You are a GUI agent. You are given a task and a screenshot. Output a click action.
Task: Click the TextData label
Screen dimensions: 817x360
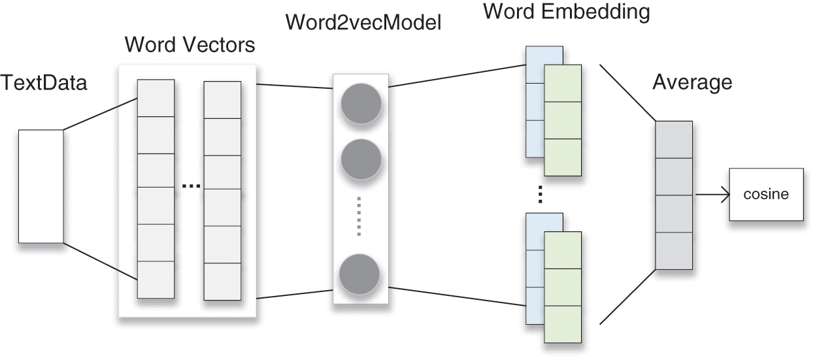pyautogui.click(x=44, y=83)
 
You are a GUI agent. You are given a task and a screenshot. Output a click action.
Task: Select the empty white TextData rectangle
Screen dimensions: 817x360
pyautogui.click(x=41, y=186)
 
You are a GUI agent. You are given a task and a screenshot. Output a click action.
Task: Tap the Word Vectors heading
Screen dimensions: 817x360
pyautogui.click(x=190, y=45)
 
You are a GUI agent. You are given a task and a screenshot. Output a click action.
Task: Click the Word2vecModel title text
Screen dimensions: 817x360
pyautogui.click(x=363, y=23)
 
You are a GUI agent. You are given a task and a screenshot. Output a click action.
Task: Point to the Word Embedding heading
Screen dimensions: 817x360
pyautogui.click(x=567, y=12)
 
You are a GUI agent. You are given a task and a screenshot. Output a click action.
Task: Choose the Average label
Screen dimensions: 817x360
pyautogui.click(x=692, y=83)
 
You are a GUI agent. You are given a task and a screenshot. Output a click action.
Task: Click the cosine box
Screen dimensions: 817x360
pyautogui.click(x=766, y=195)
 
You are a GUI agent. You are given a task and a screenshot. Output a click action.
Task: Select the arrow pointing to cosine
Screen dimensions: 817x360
pyautogui.click(x=712, y=195)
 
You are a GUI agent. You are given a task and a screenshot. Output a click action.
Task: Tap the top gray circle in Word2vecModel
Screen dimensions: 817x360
pyautogui.click(x=361, y=104)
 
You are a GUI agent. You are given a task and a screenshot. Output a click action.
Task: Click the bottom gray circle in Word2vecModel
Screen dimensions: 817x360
pyautogui.click(x=359, y=274)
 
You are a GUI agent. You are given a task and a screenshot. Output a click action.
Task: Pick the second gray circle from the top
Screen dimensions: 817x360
pyautogui.click(x=361, y=159)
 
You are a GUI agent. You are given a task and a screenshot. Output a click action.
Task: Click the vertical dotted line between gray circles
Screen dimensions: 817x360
pyautogui.click(x=359, y=217)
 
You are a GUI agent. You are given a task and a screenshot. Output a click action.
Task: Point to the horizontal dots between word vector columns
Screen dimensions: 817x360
pyautogui.click(x=191, y=186)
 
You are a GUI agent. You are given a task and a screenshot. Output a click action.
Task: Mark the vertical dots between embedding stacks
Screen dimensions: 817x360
pyautogui.click(x=540, y=194)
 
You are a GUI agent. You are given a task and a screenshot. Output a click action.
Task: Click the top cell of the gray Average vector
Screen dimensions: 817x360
pyautogui.click(x=674, y=140)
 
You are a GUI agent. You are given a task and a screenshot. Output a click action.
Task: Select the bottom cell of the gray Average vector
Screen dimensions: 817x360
pyautogui.click(x=674, y=251)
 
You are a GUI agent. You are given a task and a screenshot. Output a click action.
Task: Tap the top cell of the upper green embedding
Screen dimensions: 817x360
pyautogui.click(x=563, y=84)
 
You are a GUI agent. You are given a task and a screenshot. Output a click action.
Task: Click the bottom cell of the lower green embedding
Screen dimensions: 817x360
pyautogui.click(x=563, y=324)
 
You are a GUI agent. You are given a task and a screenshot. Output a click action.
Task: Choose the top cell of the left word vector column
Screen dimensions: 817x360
pyautogui.click(x=156, y=98)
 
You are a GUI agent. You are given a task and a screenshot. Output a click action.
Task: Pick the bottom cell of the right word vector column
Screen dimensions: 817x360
pyautogui.click(x=222, y=282)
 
